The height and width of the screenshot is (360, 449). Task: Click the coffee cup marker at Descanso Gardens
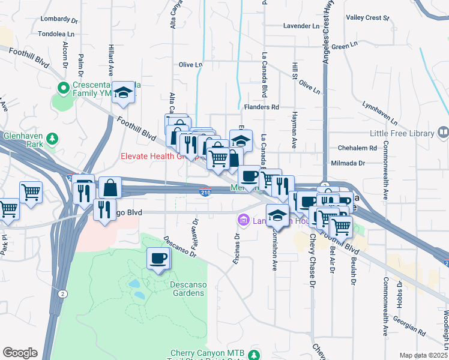coord(158,259)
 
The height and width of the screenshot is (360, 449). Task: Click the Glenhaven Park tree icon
coord(53,139)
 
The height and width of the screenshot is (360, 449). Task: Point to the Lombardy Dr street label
coord(59,19)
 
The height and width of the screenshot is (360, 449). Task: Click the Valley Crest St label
coord(372,18)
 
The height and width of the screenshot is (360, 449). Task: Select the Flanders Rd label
coord(262,107)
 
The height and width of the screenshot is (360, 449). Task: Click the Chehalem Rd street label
coord(356,148)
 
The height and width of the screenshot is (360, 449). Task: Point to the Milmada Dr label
coord(348,163)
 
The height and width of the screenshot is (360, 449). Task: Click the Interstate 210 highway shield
coord(204,192)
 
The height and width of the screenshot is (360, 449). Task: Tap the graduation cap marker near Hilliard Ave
coord(123,92)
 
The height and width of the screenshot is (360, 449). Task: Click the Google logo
coord(20,353)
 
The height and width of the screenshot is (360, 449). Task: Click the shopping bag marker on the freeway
coord(110,188)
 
